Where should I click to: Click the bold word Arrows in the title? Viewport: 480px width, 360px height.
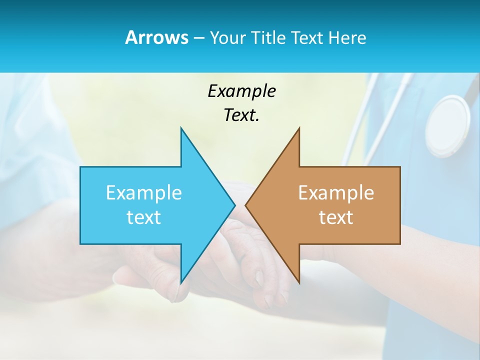click(x=156, y=37)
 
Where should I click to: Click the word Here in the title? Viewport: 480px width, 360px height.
click(x=347, y=37)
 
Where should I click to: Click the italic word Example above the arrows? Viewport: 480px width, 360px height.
click(x=241, y=91)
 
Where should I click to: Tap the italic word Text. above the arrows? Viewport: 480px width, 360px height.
click(x=241, y=115)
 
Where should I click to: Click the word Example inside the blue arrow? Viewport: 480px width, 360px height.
click(x=144, y=192)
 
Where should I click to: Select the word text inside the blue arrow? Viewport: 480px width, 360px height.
click(x=144, y=217)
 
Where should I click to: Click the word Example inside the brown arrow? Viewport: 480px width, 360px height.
click(x=336, y=192)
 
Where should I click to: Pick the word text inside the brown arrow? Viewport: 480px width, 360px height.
click(x=336, y=217)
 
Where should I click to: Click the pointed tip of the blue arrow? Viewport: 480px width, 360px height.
click(x=234, y=205)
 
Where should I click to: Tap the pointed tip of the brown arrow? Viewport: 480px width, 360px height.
click(x=245, y=205)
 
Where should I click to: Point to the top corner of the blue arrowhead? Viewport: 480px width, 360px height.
click(x=181, y=128)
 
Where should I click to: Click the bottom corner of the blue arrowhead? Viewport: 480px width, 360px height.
click(x=181, y=283)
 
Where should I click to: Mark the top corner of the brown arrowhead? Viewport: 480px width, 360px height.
click(x=299, y=128)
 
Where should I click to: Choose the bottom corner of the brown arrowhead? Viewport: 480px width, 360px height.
click(x=299, y=283)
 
